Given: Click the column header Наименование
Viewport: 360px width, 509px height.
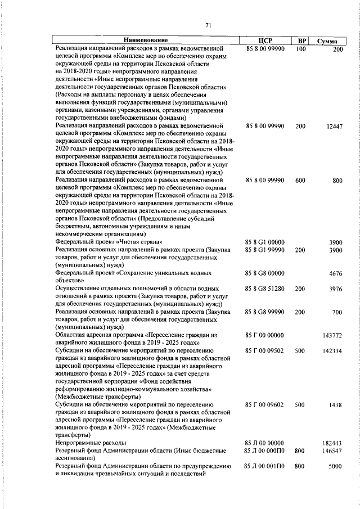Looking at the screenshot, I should [x=146, y=41].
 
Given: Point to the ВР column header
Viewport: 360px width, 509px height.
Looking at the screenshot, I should [x=301, y=41].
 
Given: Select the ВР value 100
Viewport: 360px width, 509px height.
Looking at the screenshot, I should [x=300, y=49].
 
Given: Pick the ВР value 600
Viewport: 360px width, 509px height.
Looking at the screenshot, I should [x=300, y=181].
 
